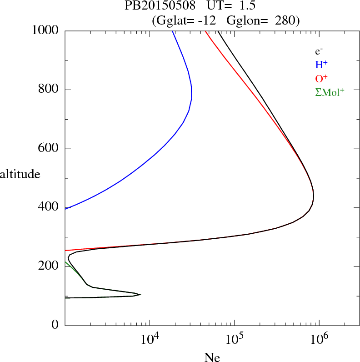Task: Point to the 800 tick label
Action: [49, 90]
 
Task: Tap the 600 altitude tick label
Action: [49, 149]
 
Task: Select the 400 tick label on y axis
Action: [49, 207]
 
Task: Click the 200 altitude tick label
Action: [49, 266]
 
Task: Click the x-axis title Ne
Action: [212, 357]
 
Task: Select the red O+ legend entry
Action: [322, 78]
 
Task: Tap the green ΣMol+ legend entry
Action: [330, 92]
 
